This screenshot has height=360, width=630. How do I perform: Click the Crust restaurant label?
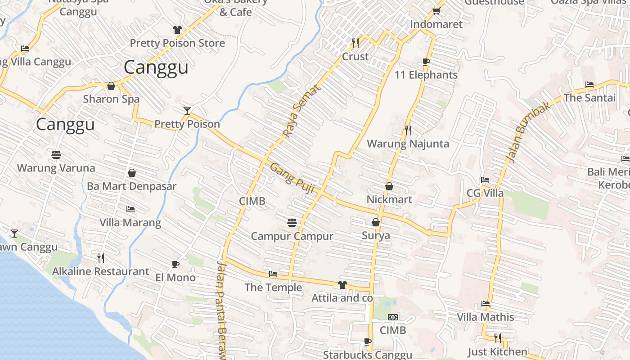click(x=355, y=57)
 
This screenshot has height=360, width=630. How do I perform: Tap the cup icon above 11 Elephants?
click(x=426, y=62)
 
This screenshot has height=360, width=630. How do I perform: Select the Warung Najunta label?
click(x=408, y=144)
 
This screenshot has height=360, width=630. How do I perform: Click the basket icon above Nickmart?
click(x=389, y=186)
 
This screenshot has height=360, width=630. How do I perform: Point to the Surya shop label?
click(x=376, y=236)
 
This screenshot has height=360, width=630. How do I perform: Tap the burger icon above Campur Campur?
click(x=292, y=222)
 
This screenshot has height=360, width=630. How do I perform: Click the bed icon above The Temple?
click(x=273, y=274)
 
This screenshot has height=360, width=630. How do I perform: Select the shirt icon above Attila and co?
click(x=342, y=285)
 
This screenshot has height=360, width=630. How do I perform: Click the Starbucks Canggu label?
click(x=367, y=355)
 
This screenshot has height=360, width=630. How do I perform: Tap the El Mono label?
click(x=175, y=278)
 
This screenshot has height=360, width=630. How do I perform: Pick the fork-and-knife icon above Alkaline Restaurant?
click(x=101, y=258)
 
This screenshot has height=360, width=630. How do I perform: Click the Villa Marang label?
click(x=130, y=223)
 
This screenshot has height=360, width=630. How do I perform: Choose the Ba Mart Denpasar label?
click(x=131, y=186)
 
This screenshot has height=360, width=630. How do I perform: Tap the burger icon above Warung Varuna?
click(x=56, y=155)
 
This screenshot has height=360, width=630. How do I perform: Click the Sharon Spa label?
click(x=111, y=99)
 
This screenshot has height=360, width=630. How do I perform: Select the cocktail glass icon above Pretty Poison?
click(x=187, y=111)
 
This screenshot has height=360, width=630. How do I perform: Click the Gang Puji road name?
click(x=291, y=179)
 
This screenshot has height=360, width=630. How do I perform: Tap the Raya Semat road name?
click(x=302, y=111)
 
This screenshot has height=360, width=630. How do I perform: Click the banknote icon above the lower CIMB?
click(x=393, y=317)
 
